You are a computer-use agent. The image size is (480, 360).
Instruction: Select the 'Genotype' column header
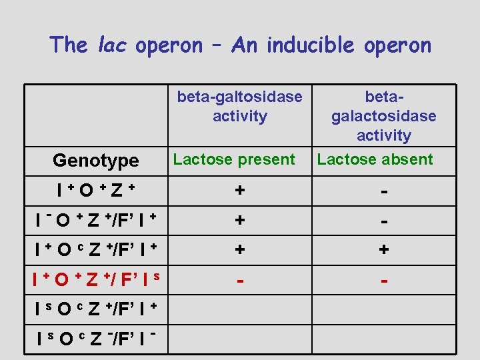tap(95, 161)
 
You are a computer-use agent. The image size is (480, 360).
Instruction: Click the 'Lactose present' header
tap(233, 159)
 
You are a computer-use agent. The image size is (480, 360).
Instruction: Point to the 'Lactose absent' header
tap(375, 159)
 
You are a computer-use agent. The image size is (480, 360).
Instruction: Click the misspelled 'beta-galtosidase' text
tap(239, 97)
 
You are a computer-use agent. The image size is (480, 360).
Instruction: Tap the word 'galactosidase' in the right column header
tap(383, 116)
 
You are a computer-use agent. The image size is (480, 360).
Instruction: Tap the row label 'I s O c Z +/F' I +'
tap(95, 309)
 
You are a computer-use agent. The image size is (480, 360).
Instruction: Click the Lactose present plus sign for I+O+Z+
tap(239, 191)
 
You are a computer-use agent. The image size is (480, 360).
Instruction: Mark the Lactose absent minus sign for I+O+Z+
tap(384, 191)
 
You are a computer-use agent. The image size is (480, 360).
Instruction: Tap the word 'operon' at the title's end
tap(399, 45)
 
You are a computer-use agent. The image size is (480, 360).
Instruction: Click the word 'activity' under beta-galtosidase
tap(239, 116)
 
